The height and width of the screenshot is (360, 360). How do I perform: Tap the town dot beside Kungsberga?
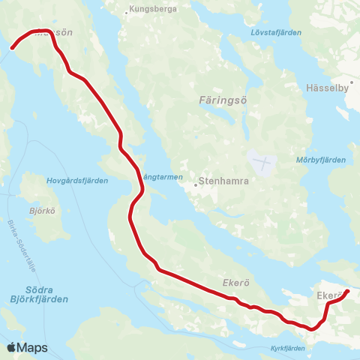point(127,11)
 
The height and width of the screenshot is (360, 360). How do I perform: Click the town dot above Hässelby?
point(352,82)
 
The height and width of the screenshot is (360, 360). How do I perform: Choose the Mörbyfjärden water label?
point(321,160)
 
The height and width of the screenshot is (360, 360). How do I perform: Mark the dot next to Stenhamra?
point(196,182)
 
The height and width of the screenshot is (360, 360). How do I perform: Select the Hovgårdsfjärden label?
point(77,181)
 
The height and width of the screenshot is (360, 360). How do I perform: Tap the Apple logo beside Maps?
point(10,347)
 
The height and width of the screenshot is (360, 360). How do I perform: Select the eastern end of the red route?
point(346,291)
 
